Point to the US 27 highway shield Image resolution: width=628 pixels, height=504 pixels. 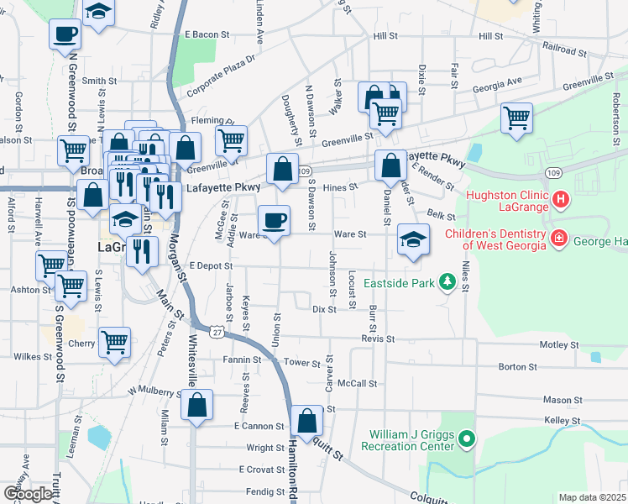(x=217, y=333)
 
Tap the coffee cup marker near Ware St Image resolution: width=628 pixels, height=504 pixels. (x=274, y=221)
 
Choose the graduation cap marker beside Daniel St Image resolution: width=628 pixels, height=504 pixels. (x=413, y=239)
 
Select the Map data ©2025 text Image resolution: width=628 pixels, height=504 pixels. (x=592, y=497)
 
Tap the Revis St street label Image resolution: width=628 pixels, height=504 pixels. (x=378, y=339)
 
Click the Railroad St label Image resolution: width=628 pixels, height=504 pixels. (x=564, y=51)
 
